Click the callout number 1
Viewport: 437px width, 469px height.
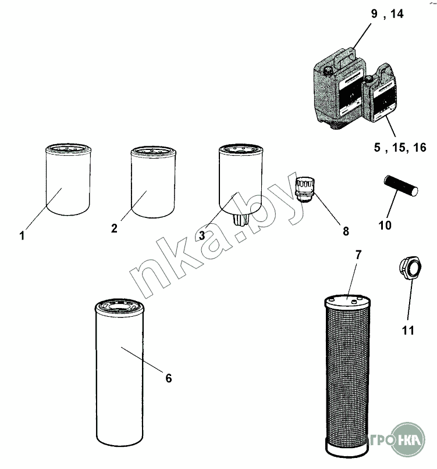click(22, 236)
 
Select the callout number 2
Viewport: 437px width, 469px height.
click(114, 228)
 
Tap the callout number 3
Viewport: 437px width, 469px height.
click(202, 235)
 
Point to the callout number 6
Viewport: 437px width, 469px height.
click(169, 378)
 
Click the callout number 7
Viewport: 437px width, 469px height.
click(358, 255)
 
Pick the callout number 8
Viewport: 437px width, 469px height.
click(346, 231)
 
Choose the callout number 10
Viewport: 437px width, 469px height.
click(385, 225)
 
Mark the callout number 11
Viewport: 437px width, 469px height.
click(408, 331)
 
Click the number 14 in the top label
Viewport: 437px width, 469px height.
click(397, 14)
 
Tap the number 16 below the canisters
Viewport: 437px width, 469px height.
click(420, 148)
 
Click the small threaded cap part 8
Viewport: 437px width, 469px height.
click(305, 189)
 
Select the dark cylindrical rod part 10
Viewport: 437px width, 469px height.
click(401, 186)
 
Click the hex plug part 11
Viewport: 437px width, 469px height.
click(410, 268)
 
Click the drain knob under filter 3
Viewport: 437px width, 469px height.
click(241, 221)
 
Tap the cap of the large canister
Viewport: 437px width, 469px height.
click(328, 71)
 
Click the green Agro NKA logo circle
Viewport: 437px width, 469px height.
click(408, 439)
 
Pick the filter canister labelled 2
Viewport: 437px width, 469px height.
click(154, 182)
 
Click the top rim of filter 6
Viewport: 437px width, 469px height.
click(119, 307)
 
